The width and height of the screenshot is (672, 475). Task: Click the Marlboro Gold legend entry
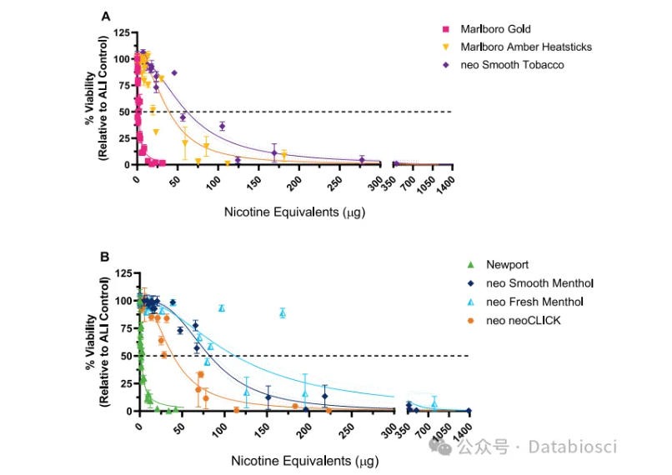486,29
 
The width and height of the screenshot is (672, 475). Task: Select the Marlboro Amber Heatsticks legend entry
517,47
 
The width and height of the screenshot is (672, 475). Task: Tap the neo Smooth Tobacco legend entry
503,65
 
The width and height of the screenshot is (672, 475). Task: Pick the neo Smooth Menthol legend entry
530,283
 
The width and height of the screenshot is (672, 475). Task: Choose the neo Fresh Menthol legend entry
525,302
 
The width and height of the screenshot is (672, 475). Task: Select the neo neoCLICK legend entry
514,320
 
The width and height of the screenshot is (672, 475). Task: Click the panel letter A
105,17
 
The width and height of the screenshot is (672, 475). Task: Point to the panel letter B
105,257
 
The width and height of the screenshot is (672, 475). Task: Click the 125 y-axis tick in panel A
121,32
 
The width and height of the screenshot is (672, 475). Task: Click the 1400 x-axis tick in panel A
446,186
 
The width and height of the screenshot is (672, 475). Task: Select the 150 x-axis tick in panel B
263,432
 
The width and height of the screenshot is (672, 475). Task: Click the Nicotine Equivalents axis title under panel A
295,212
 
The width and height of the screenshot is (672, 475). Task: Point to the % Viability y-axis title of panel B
97,342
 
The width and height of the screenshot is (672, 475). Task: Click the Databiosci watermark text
573,447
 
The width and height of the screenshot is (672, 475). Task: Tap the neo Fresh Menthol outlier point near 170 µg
283,313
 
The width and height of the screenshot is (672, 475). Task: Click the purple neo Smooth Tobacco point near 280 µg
362,160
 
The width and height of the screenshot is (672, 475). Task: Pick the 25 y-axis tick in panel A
124,138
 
